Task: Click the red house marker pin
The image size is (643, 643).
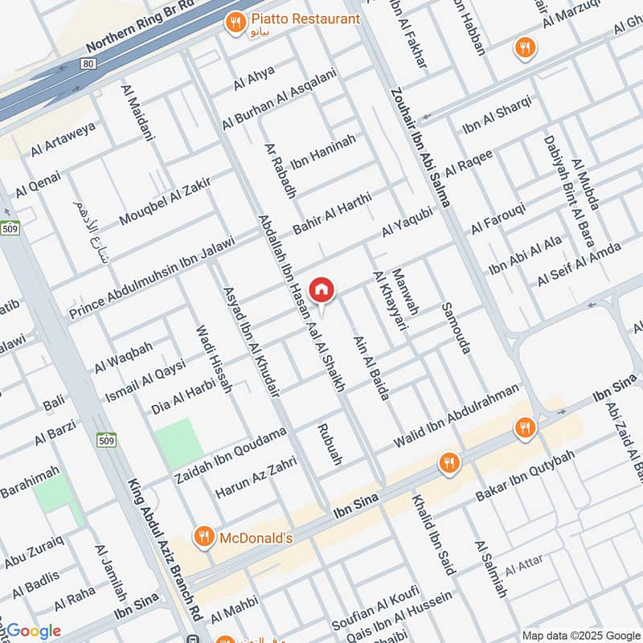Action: tap(321, 290)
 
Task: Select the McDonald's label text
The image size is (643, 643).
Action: tap(256, 538)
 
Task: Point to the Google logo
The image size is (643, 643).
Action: tap(33, 631)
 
